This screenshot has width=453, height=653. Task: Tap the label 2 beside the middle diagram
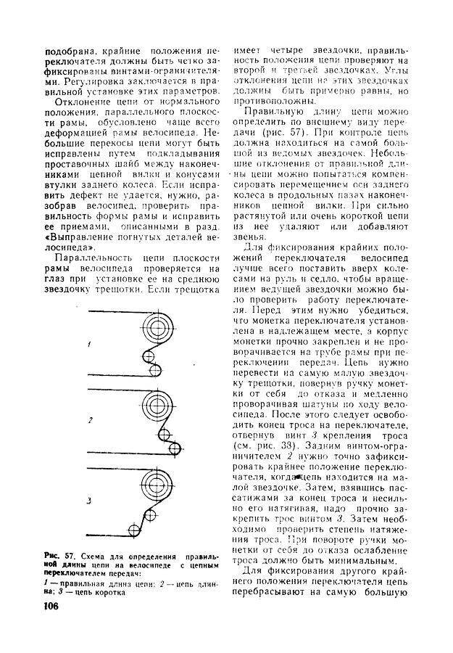pos(90,420)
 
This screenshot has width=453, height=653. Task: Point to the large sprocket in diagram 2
pos(159,406)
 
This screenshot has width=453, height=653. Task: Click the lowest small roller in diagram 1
pos(156,370)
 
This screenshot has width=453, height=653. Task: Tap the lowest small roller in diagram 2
pos(174,449)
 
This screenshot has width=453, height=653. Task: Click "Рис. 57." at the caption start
pos(59,557)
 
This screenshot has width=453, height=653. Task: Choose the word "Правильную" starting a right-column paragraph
pos(271,112)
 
